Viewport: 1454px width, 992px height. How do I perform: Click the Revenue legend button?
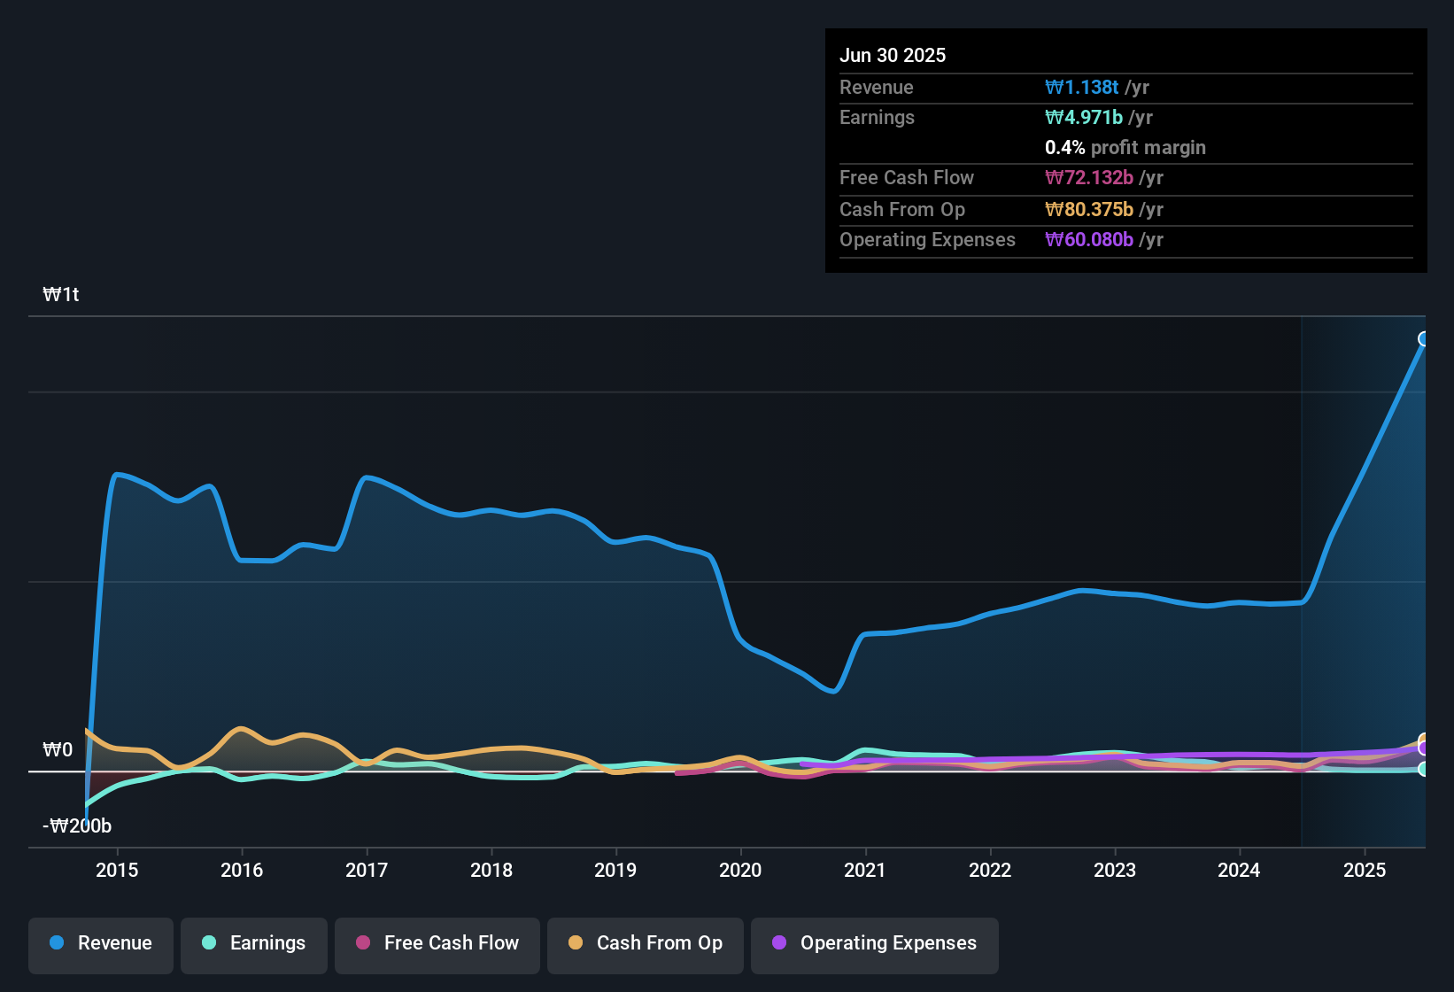coord(101,943)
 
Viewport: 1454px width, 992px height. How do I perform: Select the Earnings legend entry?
coord(254,943)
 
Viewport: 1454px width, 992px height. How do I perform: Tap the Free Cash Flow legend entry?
coord(437,943)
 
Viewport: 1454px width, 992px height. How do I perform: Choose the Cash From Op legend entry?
coord(646,943)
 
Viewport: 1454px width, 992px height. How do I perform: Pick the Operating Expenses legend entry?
coord(875,943)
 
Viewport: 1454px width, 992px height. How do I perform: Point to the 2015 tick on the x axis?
coord(117,870)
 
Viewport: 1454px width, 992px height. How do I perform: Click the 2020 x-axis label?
coord(740,870)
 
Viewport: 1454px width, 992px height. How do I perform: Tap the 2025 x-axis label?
coord(1365,870)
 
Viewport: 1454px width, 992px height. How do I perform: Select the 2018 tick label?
coord(491,870)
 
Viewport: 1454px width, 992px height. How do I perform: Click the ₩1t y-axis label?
coord(61,295)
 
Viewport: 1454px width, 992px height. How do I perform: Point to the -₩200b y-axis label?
coord(77,826)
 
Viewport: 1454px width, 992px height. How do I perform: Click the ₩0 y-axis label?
coord(58,750)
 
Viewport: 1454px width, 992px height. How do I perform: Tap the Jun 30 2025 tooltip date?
coord(893,55)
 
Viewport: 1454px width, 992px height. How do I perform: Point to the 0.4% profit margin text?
coord(1125,147)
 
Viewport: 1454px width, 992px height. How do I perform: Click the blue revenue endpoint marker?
coord(1424,339)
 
